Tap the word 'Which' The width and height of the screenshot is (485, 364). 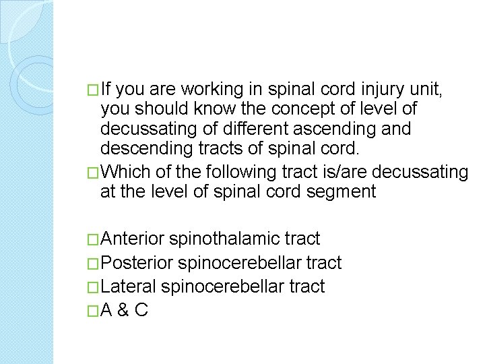point(129,171)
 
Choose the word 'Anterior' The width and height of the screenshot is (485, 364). point(133,239)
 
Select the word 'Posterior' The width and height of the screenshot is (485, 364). point(136,263)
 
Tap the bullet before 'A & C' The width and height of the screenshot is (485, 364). point(93,311)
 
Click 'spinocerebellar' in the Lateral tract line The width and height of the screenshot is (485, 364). point(212,286)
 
